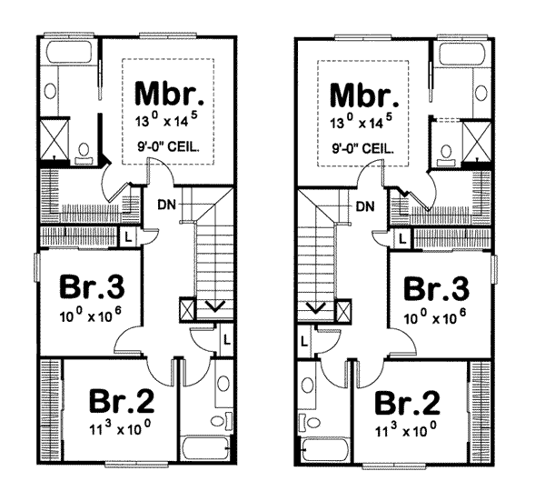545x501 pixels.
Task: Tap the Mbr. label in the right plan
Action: (363, 94)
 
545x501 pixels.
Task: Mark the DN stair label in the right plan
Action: (365, 206)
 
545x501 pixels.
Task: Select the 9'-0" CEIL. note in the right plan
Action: (363, 147)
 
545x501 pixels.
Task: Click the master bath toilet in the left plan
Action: (84, 153)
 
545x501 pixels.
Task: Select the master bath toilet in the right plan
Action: (446, 153)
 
